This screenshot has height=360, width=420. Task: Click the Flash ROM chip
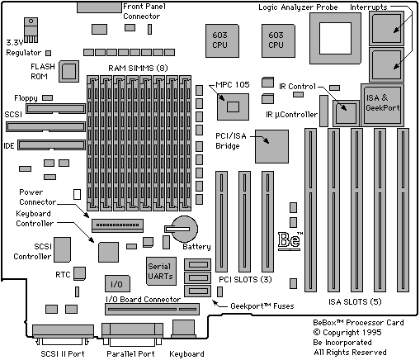(x=68, y=72)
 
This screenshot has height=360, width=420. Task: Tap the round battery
(x=183, y=229)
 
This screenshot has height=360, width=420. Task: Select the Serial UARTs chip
(x=161, y=271)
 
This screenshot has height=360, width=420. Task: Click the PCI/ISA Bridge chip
(x=271, y=147)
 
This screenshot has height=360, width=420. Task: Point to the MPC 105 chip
(x=233, y=107)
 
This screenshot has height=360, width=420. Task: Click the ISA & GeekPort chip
(x=382, y=105)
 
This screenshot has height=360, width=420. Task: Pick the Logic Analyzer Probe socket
(x=335, y=38)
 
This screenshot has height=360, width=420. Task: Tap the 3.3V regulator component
(x=31, y=30)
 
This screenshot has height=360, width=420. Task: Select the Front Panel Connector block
(x=99, y=7)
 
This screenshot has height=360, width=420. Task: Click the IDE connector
(x=52, y=144)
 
